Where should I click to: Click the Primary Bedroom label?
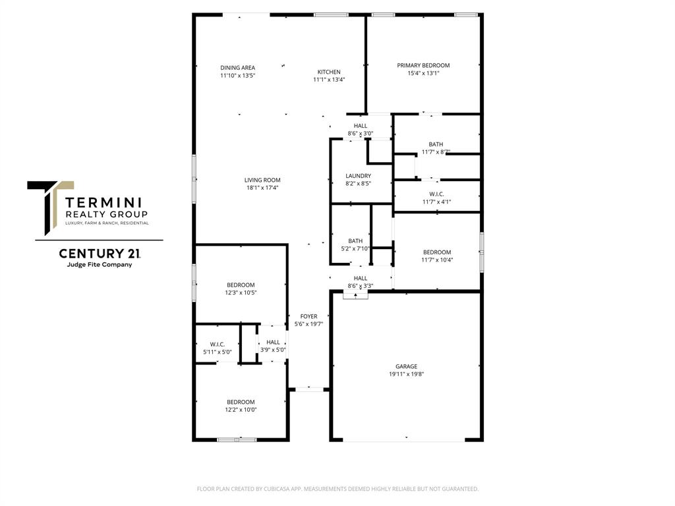423,65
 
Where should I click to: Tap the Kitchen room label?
329,72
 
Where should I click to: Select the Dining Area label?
237,67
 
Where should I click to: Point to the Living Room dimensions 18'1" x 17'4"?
262,188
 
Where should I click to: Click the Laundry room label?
358,176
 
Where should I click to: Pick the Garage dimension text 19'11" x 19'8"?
406,374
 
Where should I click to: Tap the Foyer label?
308,316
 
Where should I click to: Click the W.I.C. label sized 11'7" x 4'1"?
436,194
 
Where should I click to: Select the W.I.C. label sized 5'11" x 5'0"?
218,344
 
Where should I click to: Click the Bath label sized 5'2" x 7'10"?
355,240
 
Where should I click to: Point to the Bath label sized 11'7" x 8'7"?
436,144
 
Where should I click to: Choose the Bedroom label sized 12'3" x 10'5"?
241,285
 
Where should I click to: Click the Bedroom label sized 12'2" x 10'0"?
241,402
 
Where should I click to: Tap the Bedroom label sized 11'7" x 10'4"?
437,252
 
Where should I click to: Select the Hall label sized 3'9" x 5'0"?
273,342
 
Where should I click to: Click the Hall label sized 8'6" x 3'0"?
361,125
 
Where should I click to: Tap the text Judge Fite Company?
100,265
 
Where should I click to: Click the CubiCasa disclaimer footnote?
337,489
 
